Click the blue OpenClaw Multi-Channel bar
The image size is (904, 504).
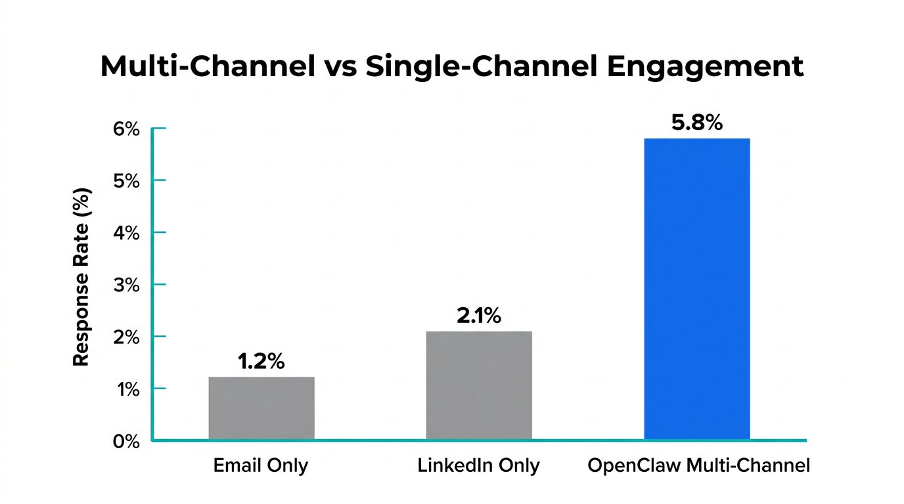[696, 289]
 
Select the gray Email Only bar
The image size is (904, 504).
[261, 408]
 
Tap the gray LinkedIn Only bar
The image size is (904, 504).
[479, 385]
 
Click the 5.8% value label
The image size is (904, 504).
[697, 123]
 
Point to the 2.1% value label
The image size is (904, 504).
[479, 316]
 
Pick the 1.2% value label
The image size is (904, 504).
[261, 362]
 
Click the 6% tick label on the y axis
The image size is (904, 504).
[126, 129]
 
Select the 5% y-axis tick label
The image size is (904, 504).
[126, 181]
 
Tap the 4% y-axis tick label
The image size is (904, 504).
[126, 233]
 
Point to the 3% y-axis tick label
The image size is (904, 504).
[126, 285]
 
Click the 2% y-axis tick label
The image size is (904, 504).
[126, 337]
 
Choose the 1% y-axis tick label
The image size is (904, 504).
[126, 389]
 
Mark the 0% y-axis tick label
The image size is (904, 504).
[126, 441]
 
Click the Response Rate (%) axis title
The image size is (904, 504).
[81, 277]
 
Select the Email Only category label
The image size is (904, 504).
[261, 466]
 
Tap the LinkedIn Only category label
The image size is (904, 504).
[478, 466]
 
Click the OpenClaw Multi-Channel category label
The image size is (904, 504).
[698, 466]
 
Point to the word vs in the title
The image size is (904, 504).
[339, 67]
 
